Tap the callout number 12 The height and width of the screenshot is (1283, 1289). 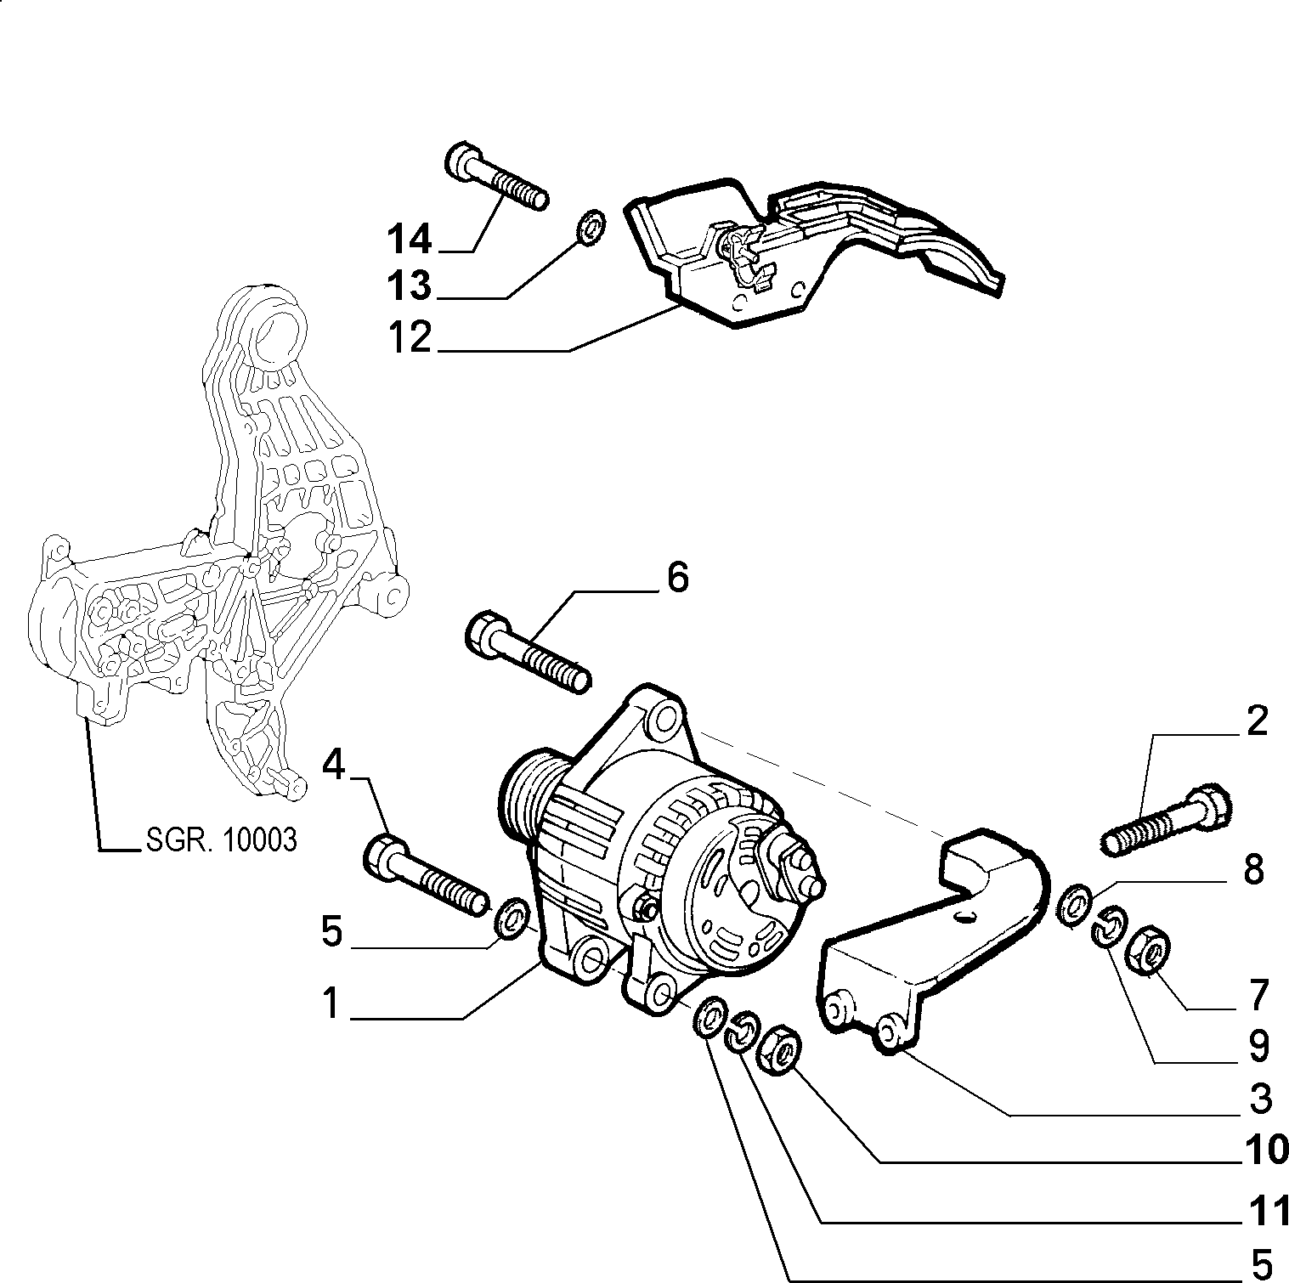tap(410, 338)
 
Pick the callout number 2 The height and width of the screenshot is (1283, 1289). tap(1257, 721)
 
